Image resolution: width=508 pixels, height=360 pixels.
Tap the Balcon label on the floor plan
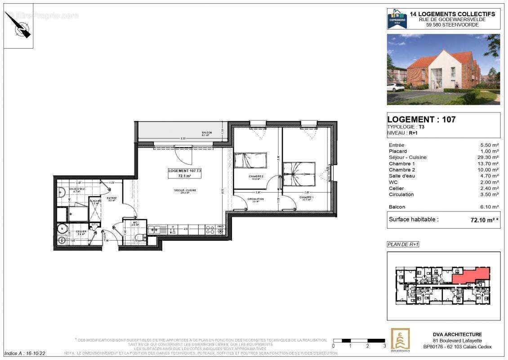coord(207,134)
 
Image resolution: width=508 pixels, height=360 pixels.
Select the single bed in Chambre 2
coord(250,160)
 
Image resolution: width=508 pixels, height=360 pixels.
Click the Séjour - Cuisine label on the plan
coord(185,190)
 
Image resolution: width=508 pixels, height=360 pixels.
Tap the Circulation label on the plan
coord(255,199)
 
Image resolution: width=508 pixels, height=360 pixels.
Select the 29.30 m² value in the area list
coord(489,157)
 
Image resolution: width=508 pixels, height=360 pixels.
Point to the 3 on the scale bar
coord(384,346)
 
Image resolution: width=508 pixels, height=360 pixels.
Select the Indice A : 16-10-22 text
coord(25,354)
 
